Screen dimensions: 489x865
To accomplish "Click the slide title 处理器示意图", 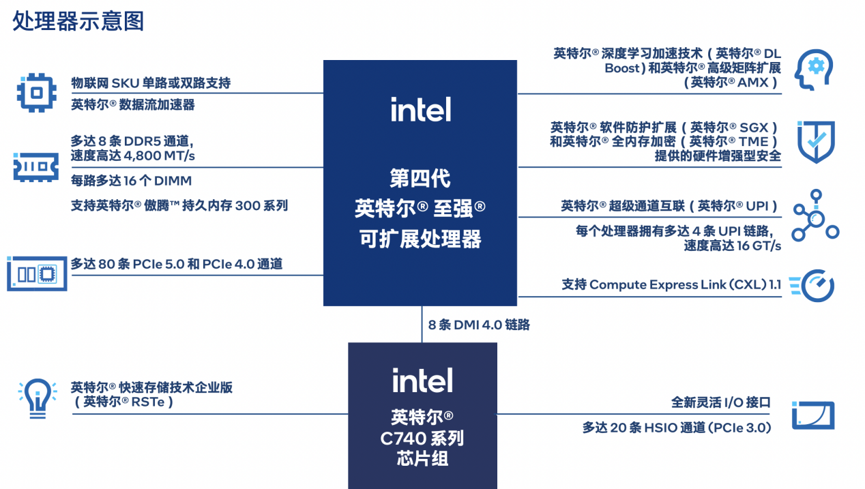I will [78, 21].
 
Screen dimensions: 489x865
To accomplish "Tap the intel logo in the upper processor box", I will [420, 109].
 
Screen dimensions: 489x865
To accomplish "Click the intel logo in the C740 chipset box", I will [422, 380].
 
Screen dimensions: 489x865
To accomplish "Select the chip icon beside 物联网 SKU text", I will [36, 93].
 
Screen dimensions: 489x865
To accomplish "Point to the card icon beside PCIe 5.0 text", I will [38, 273].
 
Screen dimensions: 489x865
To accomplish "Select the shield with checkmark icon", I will [815, 142].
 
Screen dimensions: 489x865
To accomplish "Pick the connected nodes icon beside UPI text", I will [815, 215].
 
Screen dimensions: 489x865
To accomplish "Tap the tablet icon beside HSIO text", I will [813, 415].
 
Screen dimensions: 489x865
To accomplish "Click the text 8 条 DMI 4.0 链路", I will [479, 325].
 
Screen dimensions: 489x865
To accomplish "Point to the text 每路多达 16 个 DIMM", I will [131, 181].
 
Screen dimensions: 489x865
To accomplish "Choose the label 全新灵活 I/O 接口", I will [721, 402].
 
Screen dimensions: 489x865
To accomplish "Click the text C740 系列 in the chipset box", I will [422, 438].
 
